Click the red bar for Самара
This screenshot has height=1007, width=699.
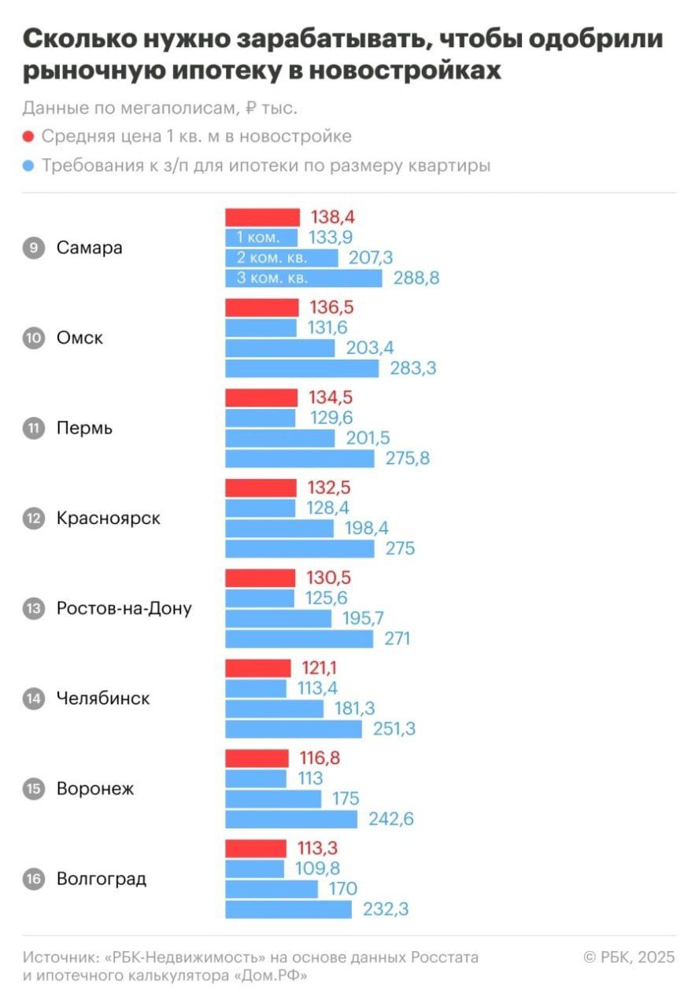point(262,217)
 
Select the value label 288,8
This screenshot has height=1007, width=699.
point(416,278)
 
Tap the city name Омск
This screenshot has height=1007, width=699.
point(80,339)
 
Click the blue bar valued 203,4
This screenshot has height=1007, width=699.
point(280,348)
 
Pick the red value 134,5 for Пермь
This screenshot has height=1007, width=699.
point(332,397)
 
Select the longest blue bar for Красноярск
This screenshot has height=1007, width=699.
point(300,548)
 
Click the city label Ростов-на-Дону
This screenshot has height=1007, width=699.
point(124,609)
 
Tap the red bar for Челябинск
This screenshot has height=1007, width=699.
point(258,668)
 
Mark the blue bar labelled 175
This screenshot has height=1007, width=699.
point(273,799)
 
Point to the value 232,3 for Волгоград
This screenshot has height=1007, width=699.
point(386,909)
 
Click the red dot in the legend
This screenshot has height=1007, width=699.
point(28,136)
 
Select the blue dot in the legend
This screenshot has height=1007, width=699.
point(28,166)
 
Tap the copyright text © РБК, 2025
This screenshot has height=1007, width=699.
point(629,957)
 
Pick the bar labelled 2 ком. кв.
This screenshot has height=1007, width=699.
point(281,257)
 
